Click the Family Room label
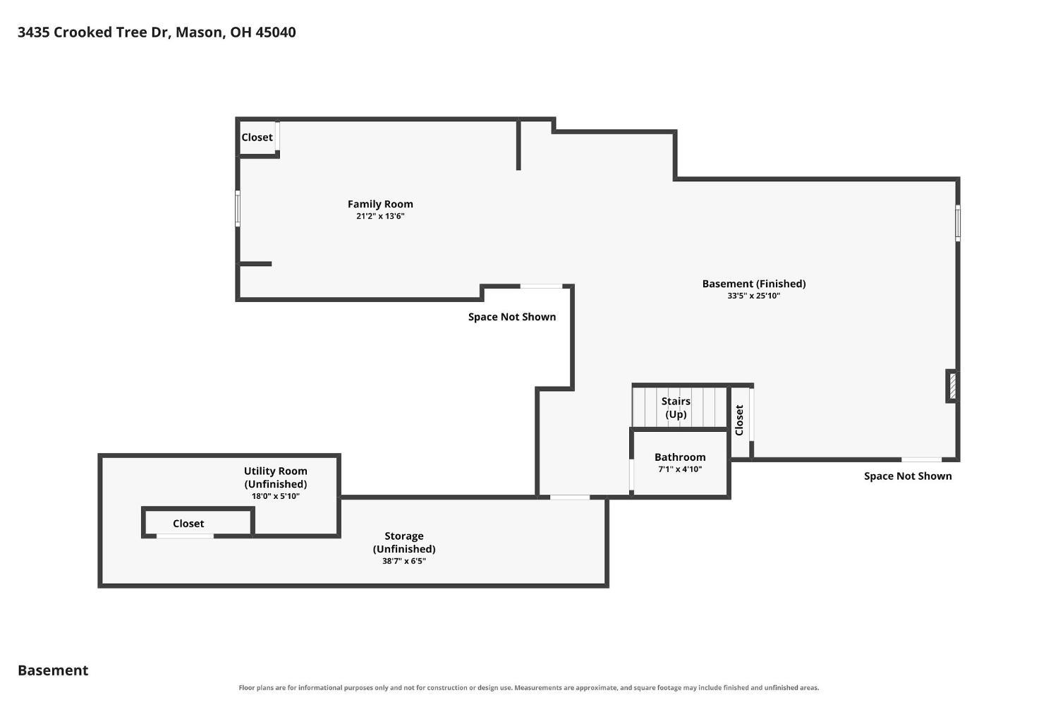pyautogui.click(x=380, y=204)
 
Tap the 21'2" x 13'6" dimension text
pyautogui.click(x=380, y=217)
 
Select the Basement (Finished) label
pyautogui.click(x=754, y=284)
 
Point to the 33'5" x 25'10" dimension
pyautogui.click(x=754, y=296)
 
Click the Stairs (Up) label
pyautogui.click(x=676, y=408)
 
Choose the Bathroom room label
pyautogui.click(x=680, y=457)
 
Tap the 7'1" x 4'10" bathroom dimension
pyautogui.click(x=680, y=469)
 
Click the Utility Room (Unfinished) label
pyautogui.click(x=275, y=477)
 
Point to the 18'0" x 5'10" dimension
pyautogui.click(x=275, y=496)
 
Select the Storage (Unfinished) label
pyautogui.click(x=404, y=543)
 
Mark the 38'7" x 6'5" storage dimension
pyautogui.click(x=404, y=561)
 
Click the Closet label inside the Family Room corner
pyautogui.click(x=257, y=137)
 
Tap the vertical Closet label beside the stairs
pyautogui.click(x=739, y=420)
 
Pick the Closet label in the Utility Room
pyautogui.click(x=188, y=524)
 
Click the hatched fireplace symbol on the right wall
pyautogui.click(x=953, y=386)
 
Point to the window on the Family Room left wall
pyautogui.click(x=238, y=208)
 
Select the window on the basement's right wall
pyautogui.click(x=958, y=223)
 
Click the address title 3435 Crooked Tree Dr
pyautogui.click(x=95, y=32)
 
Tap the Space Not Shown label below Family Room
pyautogui.click(x=512, y=317)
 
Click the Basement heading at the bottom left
pyautogui.click(x=53, y=670)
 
